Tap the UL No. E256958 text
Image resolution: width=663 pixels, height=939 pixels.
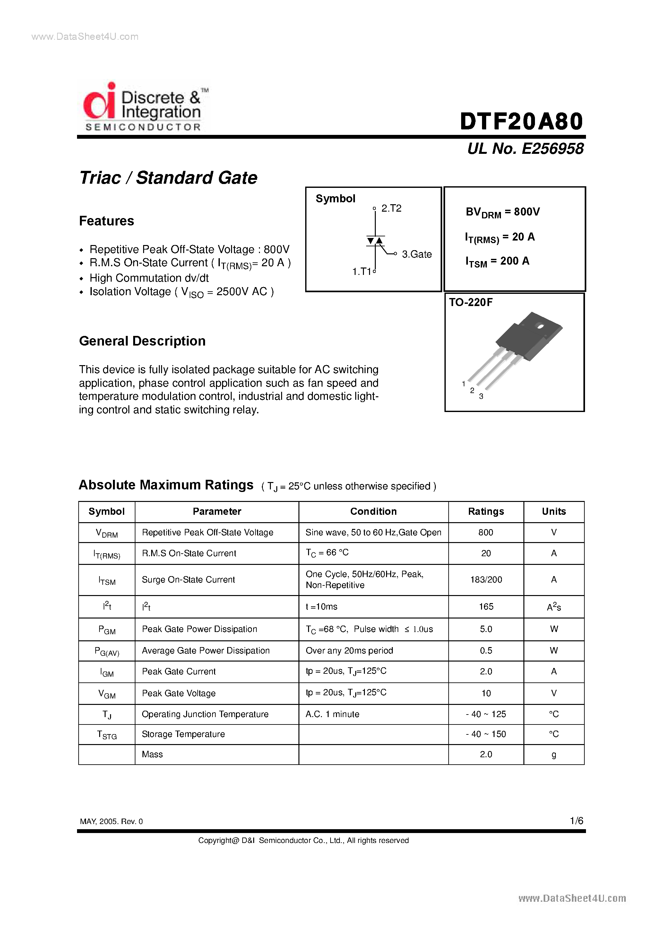(x=525, y=148)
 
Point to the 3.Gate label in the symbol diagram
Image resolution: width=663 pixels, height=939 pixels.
(x=417, y=254)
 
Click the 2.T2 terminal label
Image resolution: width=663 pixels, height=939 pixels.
(x=391, y=208)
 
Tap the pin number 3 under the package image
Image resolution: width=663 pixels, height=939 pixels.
(x=481, y=396)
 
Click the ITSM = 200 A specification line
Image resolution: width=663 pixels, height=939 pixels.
(x=497, y=261)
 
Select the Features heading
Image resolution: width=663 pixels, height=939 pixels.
(x=106, y=221)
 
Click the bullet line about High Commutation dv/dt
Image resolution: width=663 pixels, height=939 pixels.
(x=149, y=278)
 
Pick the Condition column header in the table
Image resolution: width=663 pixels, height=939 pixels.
(x=373, y=512)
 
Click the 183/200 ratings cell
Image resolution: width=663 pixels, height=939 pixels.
(x=486, y=580)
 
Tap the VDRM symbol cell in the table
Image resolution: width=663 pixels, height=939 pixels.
(x=107, y=533)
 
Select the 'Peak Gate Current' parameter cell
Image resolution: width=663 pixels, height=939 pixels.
(x=179, y=671)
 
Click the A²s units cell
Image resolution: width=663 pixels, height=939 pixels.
(x=554, y=607)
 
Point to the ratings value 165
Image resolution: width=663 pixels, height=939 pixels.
(x=486, y=607)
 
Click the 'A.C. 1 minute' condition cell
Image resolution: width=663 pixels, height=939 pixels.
(x=332, y=714)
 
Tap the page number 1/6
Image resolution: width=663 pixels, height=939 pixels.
(x=576, y=821)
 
